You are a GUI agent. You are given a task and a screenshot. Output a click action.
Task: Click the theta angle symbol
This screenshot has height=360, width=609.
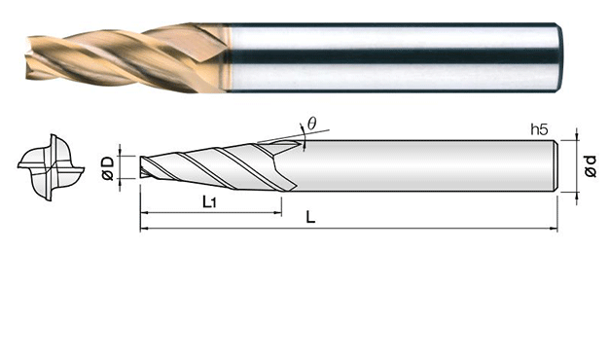pyautogui.click(x=311, y=124)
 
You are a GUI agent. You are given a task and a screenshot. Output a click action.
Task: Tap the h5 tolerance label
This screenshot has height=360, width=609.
pyautogui.click(x=540, y=129)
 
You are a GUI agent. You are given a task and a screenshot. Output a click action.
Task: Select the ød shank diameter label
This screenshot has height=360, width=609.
pyautogui.click(x=590, y=165)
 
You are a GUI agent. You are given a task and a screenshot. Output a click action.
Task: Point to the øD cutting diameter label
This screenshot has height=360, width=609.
pyautogui.click(x=108, y=168)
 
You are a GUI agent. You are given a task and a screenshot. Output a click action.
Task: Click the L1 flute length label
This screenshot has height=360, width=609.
pyautogui.click(x=209, y=202)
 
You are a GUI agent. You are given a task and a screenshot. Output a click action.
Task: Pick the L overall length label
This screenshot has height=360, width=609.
pyautogui.click(x=310, y=217)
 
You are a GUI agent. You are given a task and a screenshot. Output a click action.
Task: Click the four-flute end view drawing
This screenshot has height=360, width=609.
pyautogui.click(x=51, y=167)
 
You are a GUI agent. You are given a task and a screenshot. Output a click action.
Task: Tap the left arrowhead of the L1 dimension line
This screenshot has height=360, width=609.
pyautogui.click(x=144, y=213)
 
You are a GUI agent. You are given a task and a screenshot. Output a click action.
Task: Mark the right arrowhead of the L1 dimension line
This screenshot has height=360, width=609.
pyautogui.click(x=278, y=213)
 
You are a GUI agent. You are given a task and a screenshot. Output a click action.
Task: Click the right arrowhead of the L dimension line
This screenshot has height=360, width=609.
pyautogui.click(x=554, y=229)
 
